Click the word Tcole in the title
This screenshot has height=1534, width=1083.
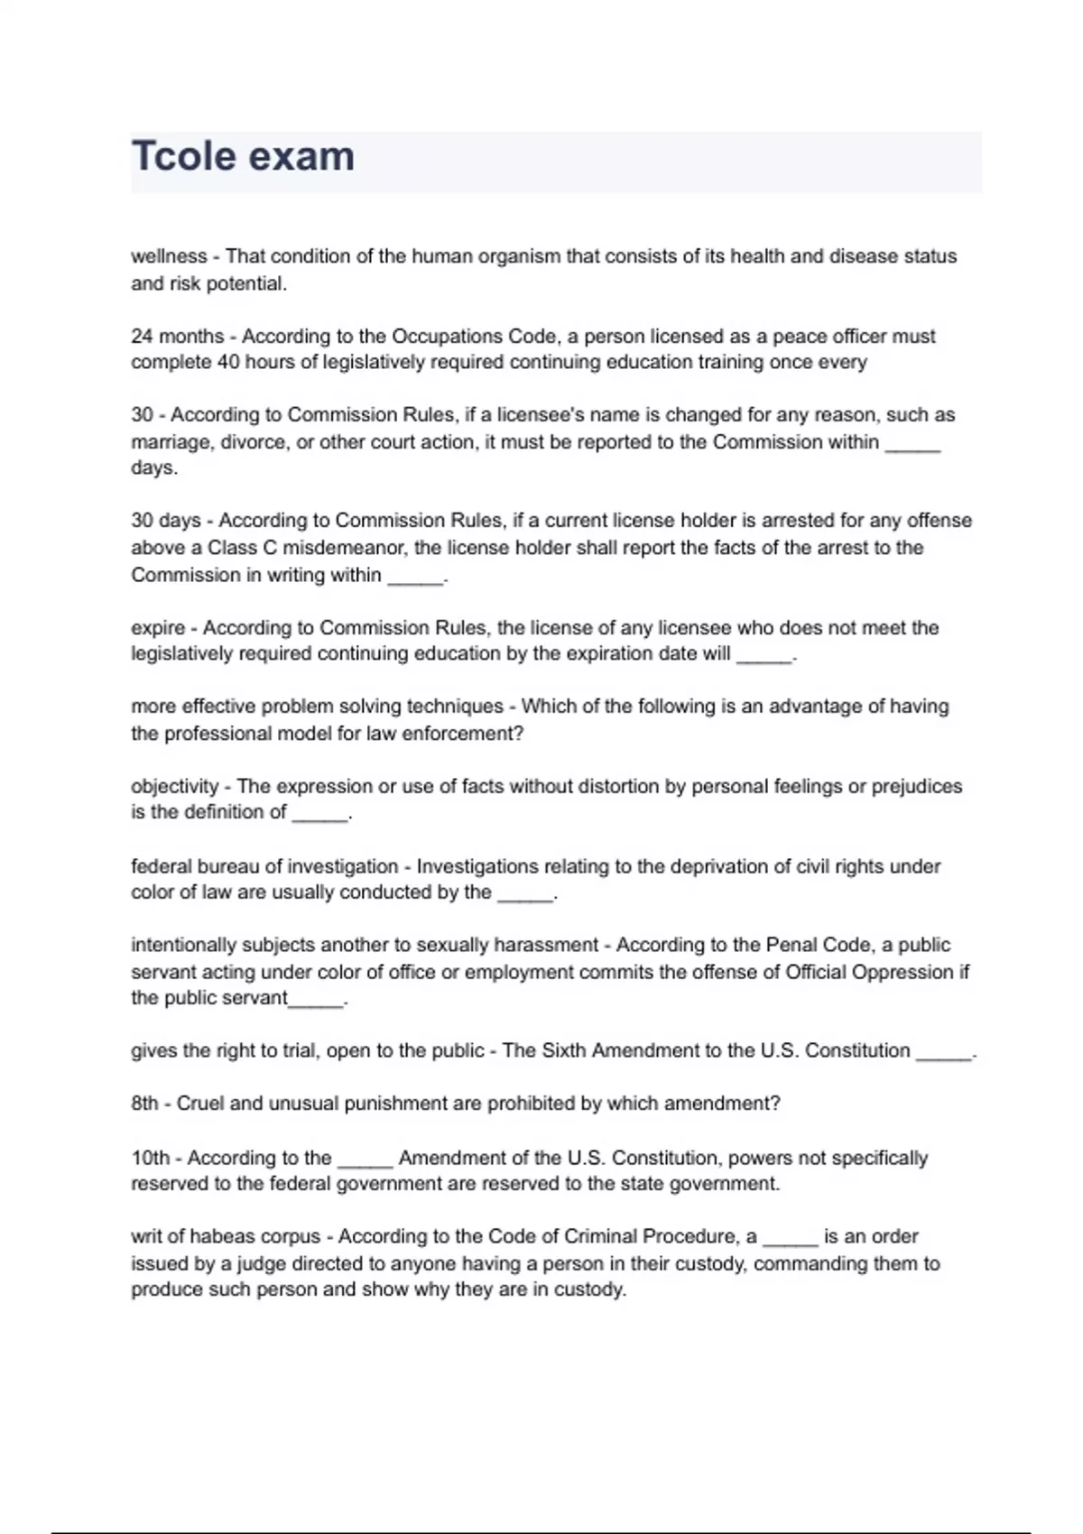point(184,156)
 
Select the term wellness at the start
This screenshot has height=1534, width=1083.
point(169,256)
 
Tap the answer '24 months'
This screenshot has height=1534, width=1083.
point(177,337)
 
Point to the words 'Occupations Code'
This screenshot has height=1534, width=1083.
point(474,337)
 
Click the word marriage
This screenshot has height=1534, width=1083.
point(170,442)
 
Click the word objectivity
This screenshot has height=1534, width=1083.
point(174,787)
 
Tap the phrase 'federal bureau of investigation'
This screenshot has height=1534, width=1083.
point(264,866)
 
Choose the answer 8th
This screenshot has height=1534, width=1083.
point(144,1104)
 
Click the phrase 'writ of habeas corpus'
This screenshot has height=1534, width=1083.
point(226,1237)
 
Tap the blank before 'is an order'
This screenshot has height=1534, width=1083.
point(790,1240)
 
